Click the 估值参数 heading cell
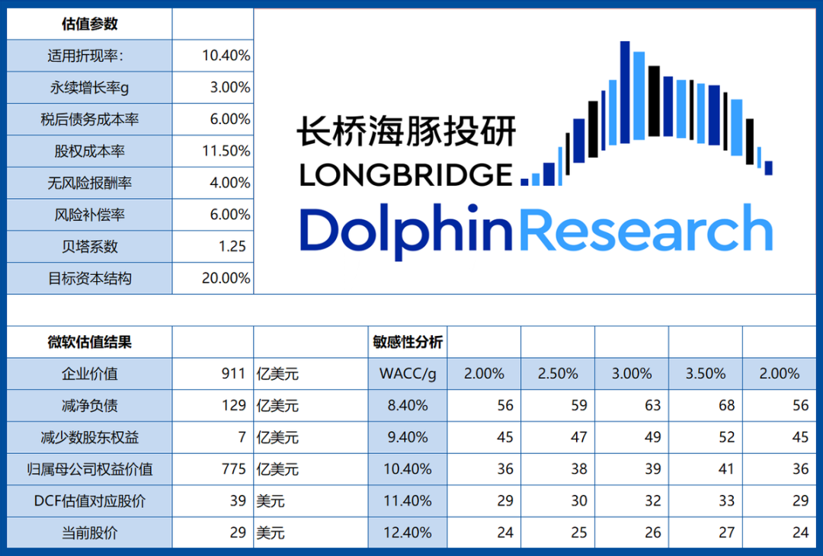90,24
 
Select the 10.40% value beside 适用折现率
226,56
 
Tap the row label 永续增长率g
90,88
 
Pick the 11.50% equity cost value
226,151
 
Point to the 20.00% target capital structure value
226,278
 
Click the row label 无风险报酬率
90,183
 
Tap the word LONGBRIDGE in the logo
406,174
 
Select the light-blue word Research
646,228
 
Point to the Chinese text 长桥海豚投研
406,132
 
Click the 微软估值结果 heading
90,342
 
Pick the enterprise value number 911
233,373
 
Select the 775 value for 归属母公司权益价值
233,468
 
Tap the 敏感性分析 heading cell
407,342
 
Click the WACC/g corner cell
407,373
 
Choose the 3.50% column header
706,373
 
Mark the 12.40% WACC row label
407,532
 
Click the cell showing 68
726,405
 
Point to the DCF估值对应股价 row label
90,500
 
